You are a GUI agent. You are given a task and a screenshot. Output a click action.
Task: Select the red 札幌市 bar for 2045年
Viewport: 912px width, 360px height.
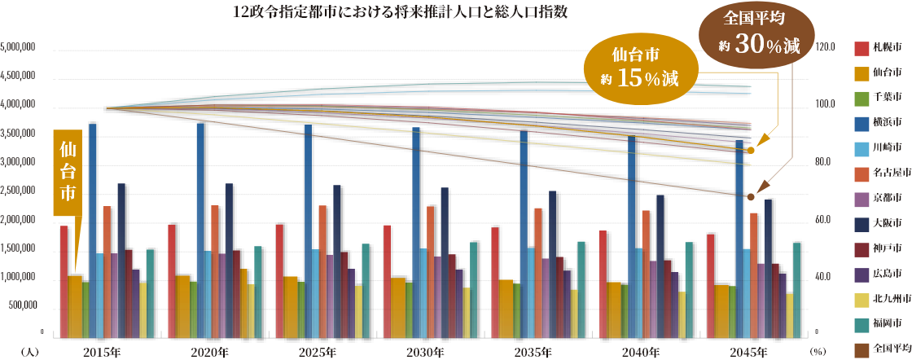(710, 285)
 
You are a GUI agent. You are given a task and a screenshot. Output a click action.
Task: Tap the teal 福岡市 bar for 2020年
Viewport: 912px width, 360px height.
(257, 291)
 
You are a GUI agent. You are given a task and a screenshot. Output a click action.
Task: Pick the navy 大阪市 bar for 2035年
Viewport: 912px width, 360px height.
(553, 263)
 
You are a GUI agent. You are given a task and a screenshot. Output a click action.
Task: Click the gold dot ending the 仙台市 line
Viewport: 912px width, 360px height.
(751, 151)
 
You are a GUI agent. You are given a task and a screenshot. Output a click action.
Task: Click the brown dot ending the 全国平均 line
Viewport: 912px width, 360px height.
(751, 197)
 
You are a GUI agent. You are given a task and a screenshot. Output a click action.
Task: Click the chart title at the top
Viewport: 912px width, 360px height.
(400, 13)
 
